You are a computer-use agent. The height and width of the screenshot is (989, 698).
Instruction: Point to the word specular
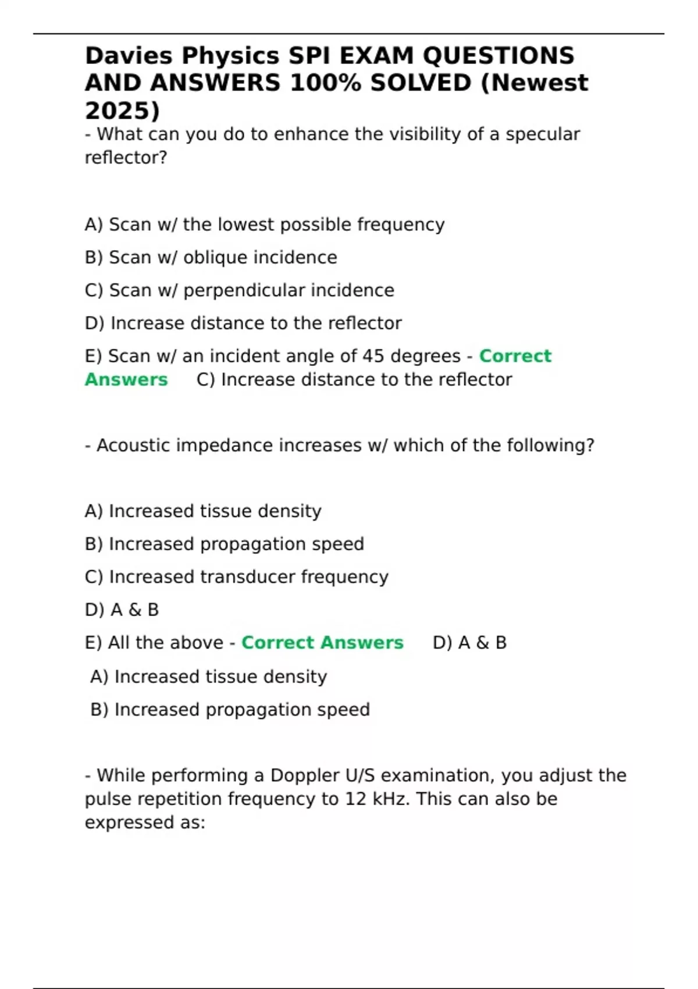click(542, 134)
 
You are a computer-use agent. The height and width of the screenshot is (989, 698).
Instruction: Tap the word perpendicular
click(244, 290)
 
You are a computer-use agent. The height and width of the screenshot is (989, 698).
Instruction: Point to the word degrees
click(425, 356)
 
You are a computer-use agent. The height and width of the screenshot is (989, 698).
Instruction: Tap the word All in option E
click(119, 643)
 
